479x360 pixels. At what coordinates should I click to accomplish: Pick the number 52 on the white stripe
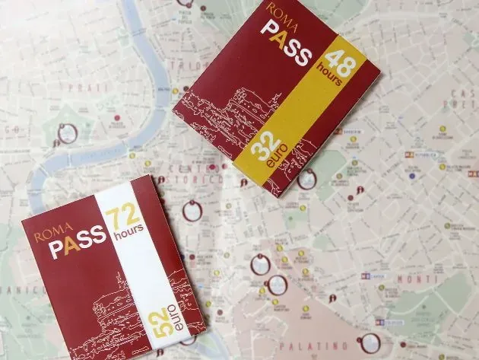[x=163, y=323]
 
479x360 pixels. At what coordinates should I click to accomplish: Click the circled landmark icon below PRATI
[x=67, y=135]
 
